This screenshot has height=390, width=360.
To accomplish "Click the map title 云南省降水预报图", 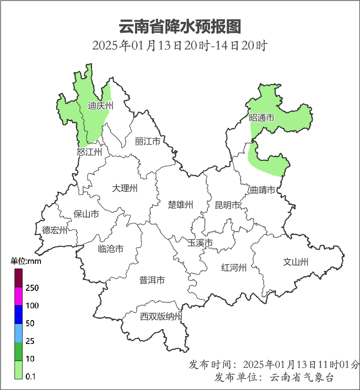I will point(180,26).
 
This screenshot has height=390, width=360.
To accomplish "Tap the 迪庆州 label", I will point(100,106).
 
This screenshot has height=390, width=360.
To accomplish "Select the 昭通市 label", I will point(262,118).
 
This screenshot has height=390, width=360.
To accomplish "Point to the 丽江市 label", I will point(147,141).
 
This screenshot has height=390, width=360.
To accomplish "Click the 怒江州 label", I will point(89,152).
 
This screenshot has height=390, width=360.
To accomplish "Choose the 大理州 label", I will point(125,188).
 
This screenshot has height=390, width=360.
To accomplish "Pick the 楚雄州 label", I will point(181,205).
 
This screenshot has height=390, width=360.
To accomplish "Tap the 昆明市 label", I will point(228,205).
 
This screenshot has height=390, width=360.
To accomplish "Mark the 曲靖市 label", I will point(262,190).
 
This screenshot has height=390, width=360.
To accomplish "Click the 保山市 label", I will point(86,214).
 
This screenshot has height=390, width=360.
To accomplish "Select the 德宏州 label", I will point(55,231).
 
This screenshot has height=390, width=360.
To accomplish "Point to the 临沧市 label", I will point(111,248).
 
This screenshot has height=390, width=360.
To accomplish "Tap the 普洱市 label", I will point(152,280).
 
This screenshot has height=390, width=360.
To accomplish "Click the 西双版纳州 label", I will point(161,317).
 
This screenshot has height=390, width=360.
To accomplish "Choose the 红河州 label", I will point(234,268).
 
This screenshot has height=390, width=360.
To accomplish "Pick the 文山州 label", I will point(296,262).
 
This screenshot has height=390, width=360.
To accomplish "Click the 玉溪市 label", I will point(200,243).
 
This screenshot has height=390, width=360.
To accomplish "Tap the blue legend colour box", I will point(18,315).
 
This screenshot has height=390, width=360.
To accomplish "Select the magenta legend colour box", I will point(18,297).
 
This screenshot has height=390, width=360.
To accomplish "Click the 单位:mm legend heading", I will point(26,262).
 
